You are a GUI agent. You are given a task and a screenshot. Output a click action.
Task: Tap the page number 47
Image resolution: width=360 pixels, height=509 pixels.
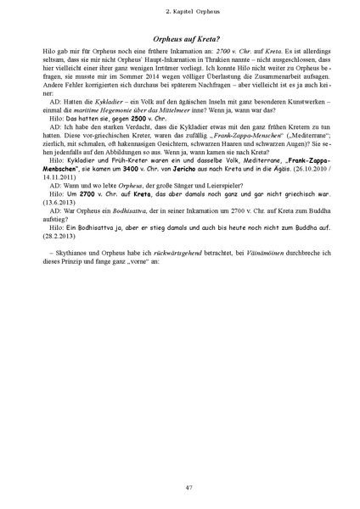tap(180, 485)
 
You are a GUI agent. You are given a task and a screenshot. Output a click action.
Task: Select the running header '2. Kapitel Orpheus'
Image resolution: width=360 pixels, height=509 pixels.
tap(180, 11)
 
